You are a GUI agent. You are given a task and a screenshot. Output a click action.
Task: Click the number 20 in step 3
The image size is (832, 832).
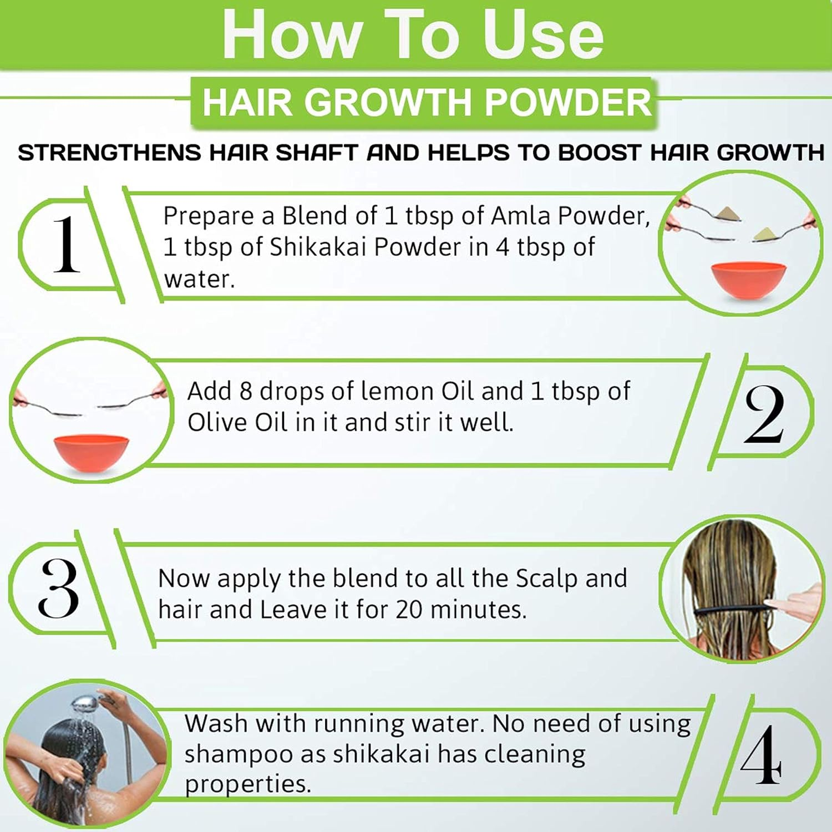point(409,610)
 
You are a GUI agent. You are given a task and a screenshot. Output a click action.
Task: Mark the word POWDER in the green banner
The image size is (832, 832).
point(568,103)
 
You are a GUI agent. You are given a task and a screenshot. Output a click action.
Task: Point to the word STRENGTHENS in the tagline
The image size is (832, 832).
point(109,153)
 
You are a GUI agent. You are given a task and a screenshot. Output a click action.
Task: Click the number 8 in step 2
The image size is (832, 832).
point(246,391)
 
